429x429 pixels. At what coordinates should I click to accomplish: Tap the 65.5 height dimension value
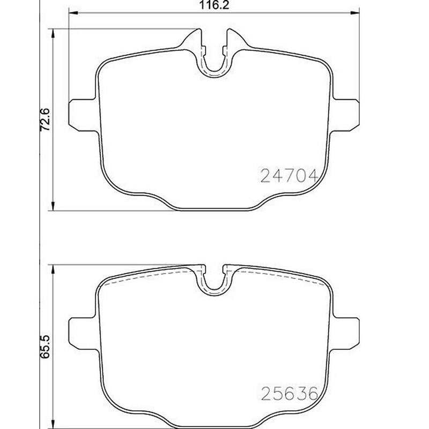pyautogui.click(x=46, y=343)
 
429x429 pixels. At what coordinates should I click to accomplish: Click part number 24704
pyautogui.click(x=290, y=175)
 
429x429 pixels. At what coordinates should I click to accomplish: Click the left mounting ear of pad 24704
pyautogui.click(x=83, y=113)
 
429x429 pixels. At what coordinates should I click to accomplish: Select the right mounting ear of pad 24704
pyautogui.click(x=346, y=113)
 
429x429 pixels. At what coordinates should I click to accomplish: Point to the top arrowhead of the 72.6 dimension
pyautogui.click(x=53, y=34)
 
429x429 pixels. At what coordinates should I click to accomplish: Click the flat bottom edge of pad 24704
pyautogui.click(x=215, y=210)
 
